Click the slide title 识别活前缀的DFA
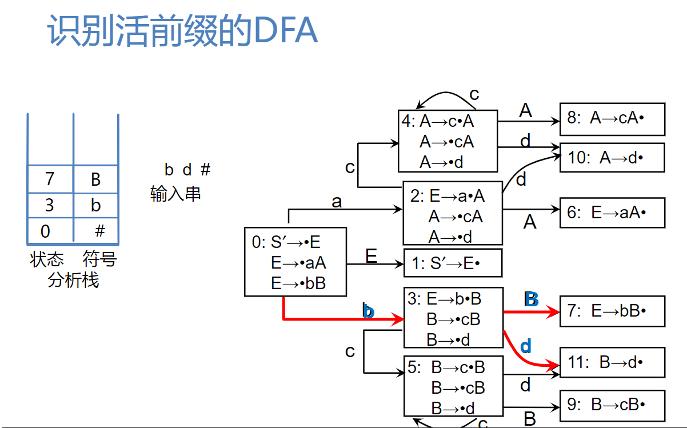coord(182,31)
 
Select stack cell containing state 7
coord(50,179)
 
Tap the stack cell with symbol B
coord(95,179)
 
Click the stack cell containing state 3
coord(50,205)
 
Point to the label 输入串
coord(175,194)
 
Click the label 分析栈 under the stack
coord(73,281)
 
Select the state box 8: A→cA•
coord(612,119)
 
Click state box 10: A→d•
coord(612,158)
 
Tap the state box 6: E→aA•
coord(612,213)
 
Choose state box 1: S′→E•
coord(453,263)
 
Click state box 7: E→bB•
coord(612,311)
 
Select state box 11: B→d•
coord(612,362)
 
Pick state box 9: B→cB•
coord(612,405)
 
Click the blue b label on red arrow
coord(369,311)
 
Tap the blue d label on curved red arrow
coord(526,346)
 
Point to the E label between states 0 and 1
coord(372,255)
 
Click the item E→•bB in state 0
coord(298,283)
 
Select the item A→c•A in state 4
coord(446,121)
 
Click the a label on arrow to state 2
coord(337,202)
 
